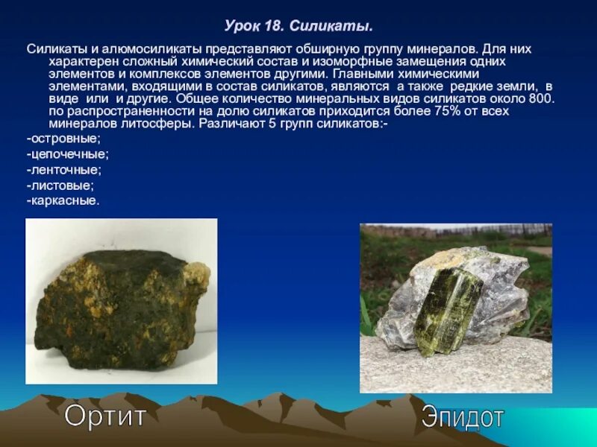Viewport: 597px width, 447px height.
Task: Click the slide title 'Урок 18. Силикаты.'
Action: click(x=298, y=27)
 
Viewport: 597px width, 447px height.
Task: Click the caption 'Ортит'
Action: click(x=104, y=415)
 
